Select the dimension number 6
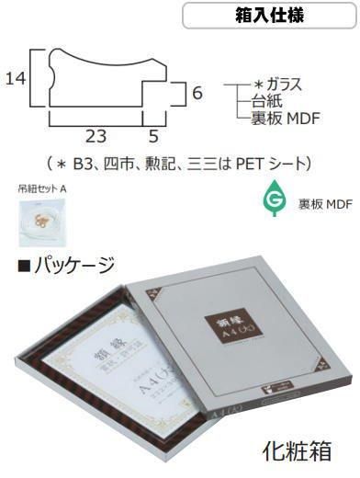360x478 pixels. tap(197, 93)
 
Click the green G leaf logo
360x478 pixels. tap(275, 199)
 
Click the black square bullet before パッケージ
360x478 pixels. tap(23, 267)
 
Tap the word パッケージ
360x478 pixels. tap(73, 267)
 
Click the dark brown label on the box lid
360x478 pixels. tap(235, 326)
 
